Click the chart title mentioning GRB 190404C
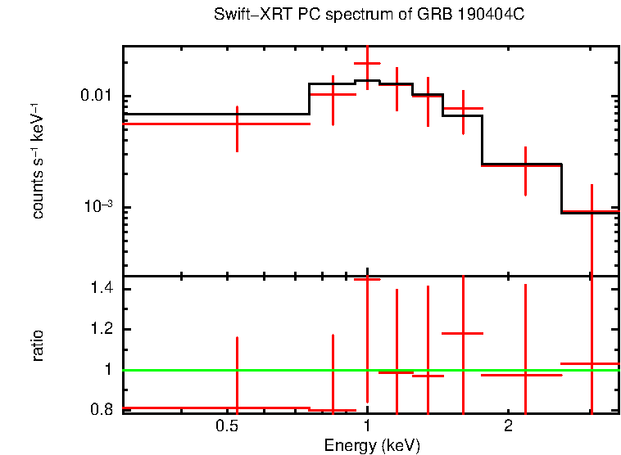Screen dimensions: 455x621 coord(374,16)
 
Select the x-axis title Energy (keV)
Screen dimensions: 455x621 coord(372,445)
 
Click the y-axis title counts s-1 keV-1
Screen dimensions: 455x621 coord(38,161)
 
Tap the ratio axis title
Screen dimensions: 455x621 coord(38,345)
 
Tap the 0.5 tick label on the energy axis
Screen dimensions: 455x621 coord(226,427)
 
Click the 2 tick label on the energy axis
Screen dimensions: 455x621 coord(508,427)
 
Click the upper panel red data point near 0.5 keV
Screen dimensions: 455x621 coord(237,124)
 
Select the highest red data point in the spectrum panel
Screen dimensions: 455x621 coord(367,63)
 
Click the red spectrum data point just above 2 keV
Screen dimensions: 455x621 coord(525,165)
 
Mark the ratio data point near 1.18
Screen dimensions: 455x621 coord(463,334)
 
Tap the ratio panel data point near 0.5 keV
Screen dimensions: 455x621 coord(237,408)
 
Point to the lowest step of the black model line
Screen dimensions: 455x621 coord(589,213)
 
